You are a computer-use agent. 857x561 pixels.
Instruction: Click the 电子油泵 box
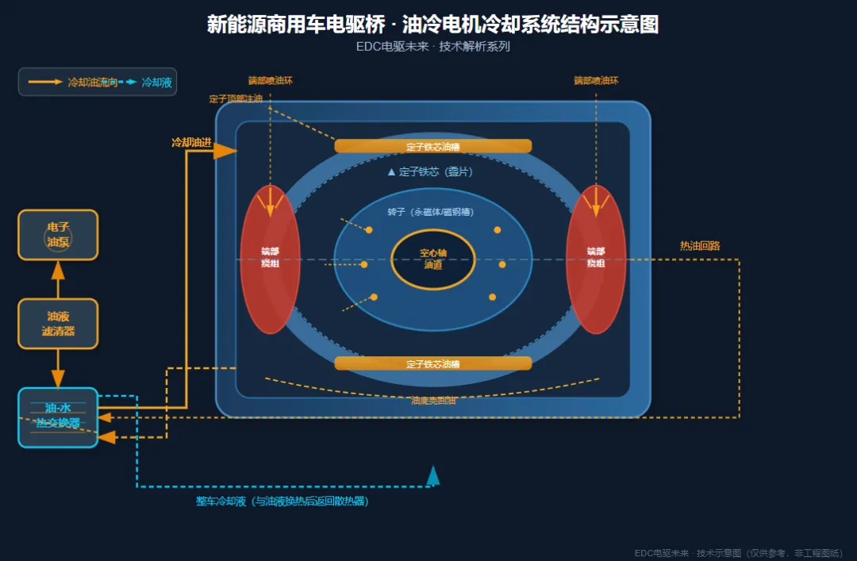click(x=58, y=235)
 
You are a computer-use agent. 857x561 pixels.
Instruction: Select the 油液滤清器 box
click(x=58, y=324)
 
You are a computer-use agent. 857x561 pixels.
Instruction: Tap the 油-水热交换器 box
click(x=58, y=417)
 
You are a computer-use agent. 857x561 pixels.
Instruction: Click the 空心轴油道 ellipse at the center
click(x=433, y=259)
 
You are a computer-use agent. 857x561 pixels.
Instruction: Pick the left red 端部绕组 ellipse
click(x=270, y=259)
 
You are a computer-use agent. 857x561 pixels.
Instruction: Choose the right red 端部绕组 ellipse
click(x=596, y=259)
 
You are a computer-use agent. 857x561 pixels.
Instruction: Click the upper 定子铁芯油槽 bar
click(x=432, y=146)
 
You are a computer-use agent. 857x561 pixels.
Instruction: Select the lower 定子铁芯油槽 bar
click(x=432, y=363)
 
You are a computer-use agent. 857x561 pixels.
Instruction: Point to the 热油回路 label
click(x=700, y=246)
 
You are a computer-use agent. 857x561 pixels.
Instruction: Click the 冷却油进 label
click(x=191, y=143)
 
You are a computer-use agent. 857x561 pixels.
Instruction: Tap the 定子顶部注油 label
click(x=236, y=99)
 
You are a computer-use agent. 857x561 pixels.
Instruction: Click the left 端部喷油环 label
click(x=270, y=81)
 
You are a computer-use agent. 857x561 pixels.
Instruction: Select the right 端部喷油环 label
click(x=596, y=81)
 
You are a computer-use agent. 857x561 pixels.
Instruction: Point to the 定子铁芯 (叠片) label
click(x=434, y=171)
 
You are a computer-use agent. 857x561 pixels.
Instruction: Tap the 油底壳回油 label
click(x=433, y=401)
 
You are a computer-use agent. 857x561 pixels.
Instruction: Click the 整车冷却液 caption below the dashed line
click(x=282, y=501)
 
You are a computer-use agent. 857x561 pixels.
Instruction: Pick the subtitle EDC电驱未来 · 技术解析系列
click(x=432, y=46)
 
